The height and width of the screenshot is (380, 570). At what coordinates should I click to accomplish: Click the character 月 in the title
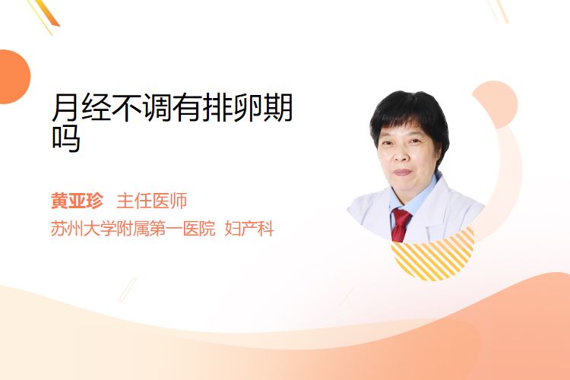point(65,107)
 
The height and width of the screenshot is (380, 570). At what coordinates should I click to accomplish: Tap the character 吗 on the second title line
point(66,138)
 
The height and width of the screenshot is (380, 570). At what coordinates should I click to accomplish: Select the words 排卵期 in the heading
point(248,107)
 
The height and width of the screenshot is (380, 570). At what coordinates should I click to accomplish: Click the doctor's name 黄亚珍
point(77,201)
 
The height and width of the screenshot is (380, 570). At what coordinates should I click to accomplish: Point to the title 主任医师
point(152,201)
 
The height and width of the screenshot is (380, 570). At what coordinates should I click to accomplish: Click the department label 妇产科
point(249,229)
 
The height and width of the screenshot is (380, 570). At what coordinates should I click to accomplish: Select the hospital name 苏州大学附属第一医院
point(133,229)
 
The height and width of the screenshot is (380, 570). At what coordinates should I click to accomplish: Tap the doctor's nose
point(401,155)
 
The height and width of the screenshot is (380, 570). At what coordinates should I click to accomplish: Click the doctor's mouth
point(403,172)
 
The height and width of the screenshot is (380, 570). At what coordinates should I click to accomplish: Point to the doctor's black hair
point(410,112)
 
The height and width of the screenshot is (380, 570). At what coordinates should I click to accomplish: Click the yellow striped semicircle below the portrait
point(433,256)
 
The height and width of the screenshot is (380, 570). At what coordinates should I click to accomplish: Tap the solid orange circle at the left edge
point(14,77)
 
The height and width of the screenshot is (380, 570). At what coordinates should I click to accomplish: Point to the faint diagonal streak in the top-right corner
point(499,11)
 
